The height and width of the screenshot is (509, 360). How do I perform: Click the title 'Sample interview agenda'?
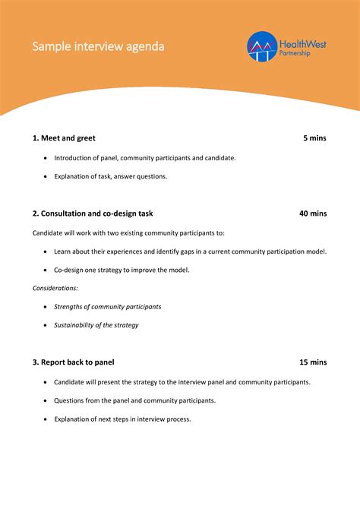point(98,47)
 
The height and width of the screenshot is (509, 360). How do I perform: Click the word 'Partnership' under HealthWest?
point(296,54)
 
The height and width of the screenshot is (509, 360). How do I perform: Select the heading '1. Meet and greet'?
point(64,138)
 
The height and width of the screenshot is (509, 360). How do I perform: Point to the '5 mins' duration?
point(314,138)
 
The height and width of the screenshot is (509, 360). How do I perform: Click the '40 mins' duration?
point(312,213)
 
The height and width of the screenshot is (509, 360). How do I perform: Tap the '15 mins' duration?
point(312,362)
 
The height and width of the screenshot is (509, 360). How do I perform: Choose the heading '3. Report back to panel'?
point(73,362)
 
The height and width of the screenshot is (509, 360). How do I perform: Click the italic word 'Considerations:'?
point(55,288)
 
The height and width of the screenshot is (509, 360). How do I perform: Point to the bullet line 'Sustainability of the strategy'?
point(96,325)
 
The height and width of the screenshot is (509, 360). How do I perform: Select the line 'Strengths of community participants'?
point(107,307)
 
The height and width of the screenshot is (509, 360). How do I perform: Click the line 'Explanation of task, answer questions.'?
point(110,176)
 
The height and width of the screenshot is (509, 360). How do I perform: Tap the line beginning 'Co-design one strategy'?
point(122,270)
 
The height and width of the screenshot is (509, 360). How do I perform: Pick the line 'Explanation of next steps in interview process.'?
point(122,419)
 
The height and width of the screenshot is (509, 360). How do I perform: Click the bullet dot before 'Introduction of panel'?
point(46,158)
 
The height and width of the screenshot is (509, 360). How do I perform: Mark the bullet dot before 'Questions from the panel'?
point(46,400)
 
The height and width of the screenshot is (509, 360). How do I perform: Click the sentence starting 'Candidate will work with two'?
point(128,232)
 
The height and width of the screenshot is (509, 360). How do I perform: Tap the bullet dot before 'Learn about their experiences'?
point(46,251)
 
